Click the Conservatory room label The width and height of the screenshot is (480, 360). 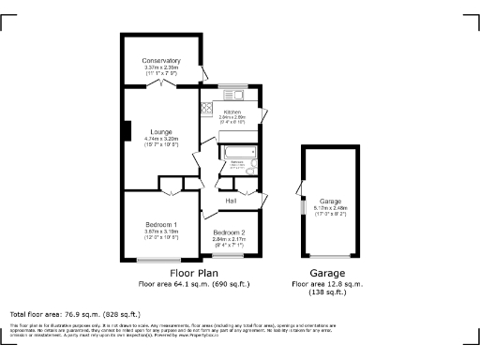[161, 61]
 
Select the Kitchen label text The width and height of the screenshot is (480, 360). [232, 112]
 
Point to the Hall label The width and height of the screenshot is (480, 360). [230, 201]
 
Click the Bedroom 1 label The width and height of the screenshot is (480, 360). [161, 225]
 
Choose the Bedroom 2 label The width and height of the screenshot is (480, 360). [229, 232]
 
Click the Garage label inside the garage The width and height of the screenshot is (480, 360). [330, 202]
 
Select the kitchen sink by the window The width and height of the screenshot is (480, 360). [232, 94]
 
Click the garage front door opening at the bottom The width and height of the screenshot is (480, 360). [330, 259]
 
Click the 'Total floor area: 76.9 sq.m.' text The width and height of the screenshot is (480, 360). [75, 314]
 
